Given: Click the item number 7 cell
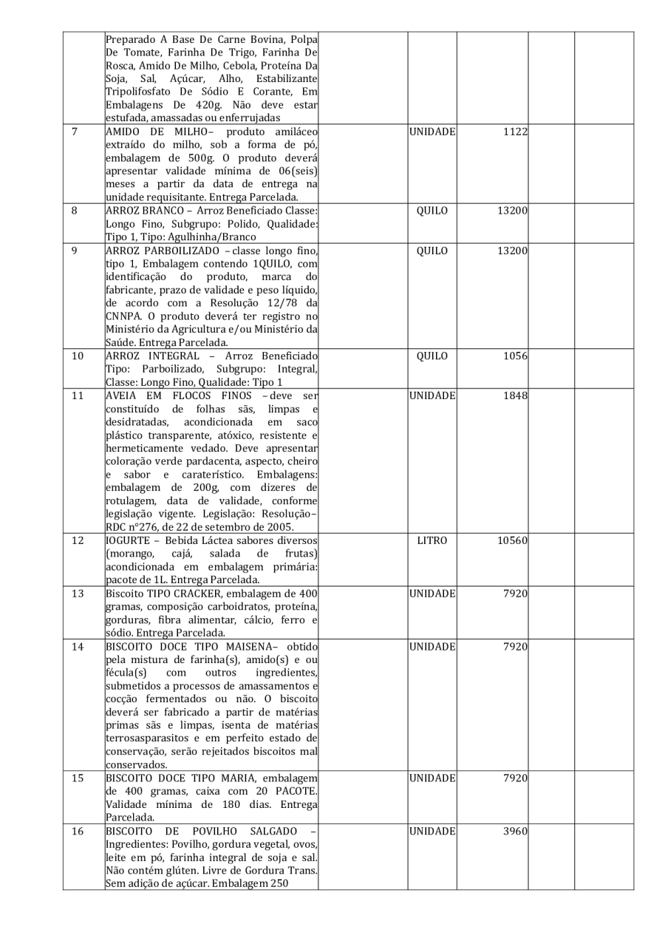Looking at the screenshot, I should tap(76, 132).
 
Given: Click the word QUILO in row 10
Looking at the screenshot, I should tap(432, 356).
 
